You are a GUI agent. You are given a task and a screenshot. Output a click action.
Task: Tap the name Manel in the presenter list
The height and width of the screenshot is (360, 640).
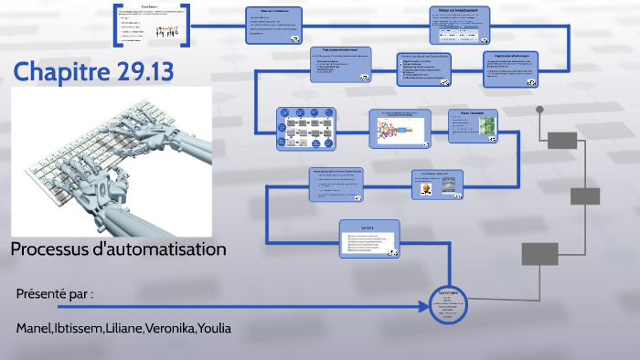click(33, 327)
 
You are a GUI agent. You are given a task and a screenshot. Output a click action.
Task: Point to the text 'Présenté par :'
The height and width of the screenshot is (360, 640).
click(55, 293)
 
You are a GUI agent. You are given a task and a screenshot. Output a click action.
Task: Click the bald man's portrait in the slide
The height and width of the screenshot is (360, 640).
click(427, 188)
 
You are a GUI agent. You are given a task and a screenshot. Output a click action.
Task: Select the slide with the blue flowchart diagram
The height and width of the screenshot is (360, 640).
click(306, 128)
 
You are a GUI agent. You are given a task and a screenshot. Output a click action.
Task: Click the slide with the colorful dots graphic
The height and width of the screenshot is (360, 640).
click(399, 129)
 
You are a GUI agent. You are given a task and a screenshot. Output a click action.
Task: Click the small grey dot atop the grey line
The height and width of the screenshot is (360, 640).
click(539, 110)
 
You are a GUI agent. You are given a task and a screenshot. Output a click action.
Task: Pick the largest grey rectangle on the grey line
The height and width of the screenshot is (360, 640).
click(539, 253)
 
